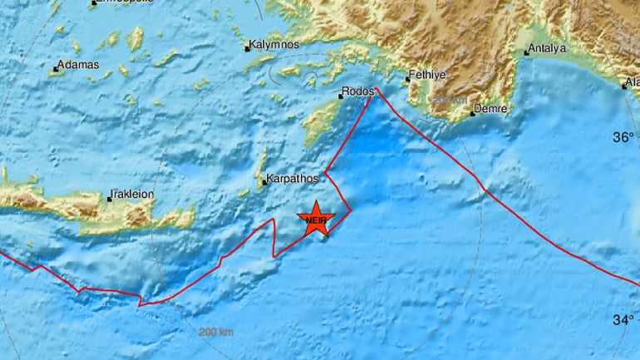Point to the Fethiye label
pyautogui.click(x=429, y=76)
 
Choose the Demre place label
pyautogui.click(x=490, y=109)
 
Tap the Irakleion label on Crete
pyautogui.click(x=133, y=195)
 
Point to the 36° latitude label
pyautogui.click(x=624, y=137)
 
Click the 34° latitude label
pyautogui.click(x=624, y=318)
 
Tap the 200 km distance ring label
pyautogui.click(x=216, y=333)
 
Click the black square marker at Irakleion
pyautogui.click(x=109, y=198)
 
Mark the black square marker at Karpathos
pyautogui.click(x=263, y=181)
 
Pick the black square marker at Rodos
pyautogui.click(x=340, y=96)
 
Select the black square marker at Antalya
pyautogui.click(x=525, y=53)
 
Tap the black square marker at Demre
pyautogui.click(x=471, y=109)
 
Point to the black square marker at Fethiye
pyautogui.click(x=407, y=79)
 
